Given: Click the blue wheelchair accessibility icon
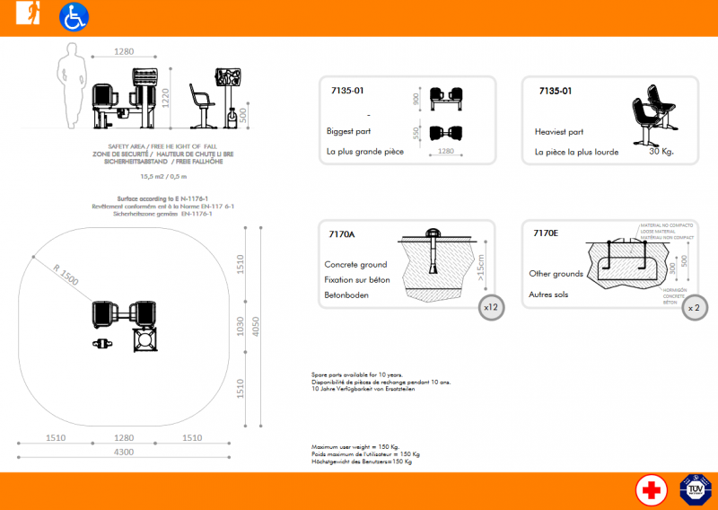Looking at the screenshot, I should tap(74, 17).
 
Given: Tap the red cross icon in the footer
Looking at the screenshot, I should tap(651, 490).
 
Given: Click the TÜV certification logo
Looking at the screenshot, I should tap(696, 490).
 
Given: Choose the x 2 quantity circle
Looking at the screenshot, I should tap(694, 306).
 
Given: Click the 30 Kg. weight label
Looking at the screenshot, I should tap(660, 152).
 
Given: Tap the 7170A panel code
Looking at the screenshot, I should tap(342, 233).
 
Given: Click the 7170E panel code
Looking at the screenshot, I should tap(545, 233).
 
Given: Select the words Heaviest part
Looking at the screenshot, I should tap(559, 131).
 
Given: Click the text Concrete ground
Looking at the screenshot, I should tap(355, 265).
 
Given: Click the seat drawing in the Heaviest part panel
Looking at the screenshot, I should tap(652, 112).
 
